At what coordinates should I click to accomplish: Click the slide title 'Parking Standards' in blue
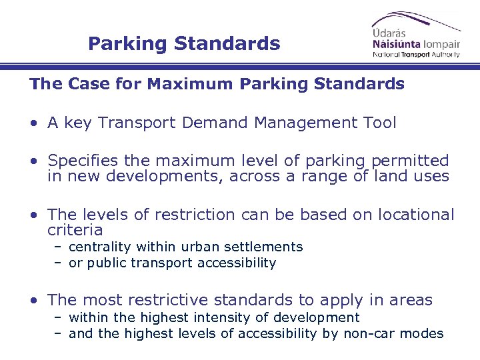click(184, 44)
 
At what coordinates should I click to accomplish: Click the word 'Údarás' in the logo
click(389, 31)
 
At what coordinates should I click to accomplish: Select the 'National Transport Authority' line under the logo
click(416, 54)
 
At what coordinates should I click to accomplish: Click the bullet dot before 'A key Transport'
click(33, 123)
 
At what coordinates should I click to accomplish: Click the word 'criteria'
click(75, 230)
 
